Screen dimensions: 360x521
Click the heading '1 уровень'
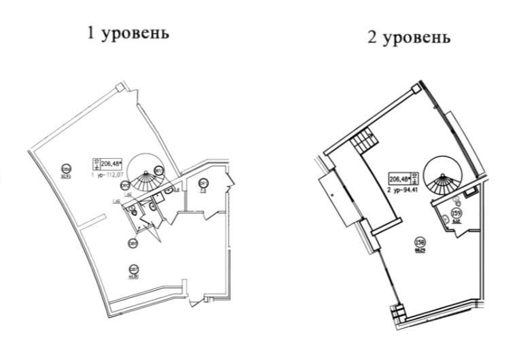tap(128, 33)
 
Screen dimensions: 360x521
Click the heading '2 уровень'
tap(408, 37)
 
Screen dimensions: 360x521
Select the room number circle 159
tap(456, 214)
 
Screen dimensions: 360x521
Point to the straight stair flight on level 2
tap(363, 143)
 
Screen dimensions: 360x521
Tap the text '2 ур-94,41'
tap(403, 190)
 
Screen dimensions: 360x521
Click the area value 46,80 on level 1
tap(134, 276)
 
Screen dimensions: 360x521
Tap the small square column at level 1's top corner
tap(120, 87)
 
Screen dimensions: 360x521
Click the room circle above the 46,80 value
tap(134, 268)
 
